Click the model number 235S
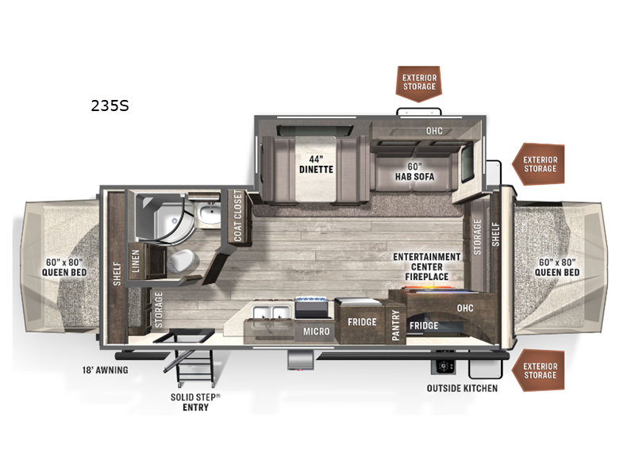pyautogui.click(x=110, y=106)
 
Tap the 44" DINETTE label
pyautogui.click(x=316, y=164)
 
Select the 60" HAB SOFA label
pyautogui.click(x=414, y=171)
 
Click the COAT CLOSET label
pyautogui.click(x=237, y=216)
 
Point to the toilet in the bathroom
pyautogui.click(x=181, y=260)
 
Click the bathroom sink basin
pyautogui.click(x=209, y=213)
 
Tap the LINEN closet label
pyautogui.click(x=135, y=261)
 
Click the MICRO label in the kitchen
pyautogui.click(x=316, y=332)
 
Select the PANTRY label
pyautogui.click(x=395, y=325)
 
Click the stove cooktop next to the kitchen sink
pyautogui.click(x=311, y=307)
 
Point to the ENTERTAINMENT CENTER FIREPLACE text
pyautogui.click(x=427, y=267)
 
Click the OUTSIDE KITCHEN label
pyautogui.click(x=462, y=388)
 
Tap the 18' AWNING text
pyautogui.click(x=106, y=370)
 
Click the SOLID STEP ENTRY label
pyautogui.click(x=195, y=402)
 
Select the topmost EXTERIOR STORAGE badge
pyautogui.click(x=419, y=83)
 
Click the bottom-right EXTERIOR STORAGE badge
pyautogui.click(x=539, y=370)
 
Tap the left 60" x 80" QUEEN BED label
pyautogui.click(x=64, y=267)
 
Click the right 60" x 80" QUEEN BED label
pyautogui.click(x=557, y=267)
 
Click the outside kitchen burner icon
pyautogui.click(x=444, y=367)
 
